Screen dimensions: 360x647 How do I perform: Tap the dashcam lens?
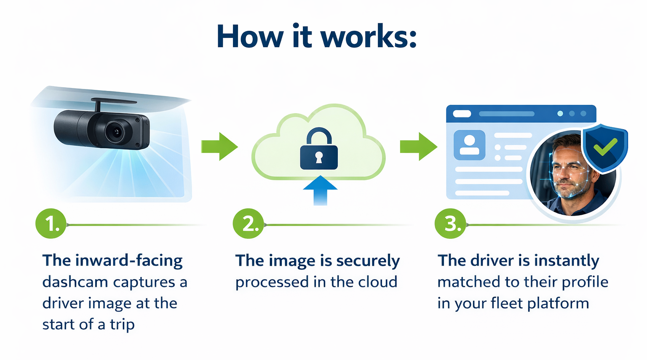(x=114, y=132)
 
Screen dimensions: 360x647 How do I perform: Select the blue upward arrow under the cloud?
(x=320, y=189)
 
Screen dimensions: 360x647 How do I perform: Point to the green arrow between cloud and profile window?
(x=418, y=147)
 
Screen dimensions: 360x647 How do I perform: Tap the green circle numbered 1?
(x=51, y=224)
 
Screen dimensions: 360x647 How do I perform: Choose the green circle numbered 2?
(x=249, y=224)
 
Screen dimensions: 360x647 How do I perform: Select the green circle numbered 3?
(x=450, y=224)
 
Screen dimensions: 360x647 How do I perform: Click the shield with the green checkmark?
(x=605, y=147)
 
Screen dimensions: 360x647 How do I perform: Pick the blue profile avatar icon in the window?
(x=469, y=145)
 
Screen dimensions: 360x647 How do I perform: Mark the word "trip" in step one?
(x=122, y=325)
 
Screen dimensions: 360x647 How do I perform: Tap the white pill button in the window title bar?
(x=462, y=114)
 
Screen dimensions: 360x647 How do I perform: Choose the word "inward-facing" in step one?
(x=129, y=261)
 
